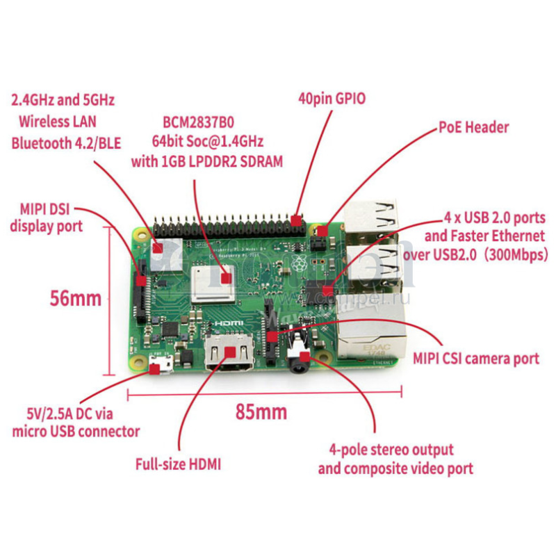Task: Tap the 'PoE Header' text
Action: point(473,128)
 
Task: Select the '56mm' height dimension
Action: point(76,299)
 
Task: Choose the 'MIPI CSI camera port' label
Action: point(476,359)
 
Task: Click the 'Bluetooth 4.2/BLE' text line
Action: point(66,144)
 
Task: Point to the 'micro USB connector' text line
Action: point(76,432)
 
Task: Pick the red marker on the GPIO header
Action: point(297,221)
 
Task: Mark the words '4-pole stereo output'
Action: point(392,450)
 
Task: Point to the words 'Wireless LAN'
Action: point(58,122)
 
